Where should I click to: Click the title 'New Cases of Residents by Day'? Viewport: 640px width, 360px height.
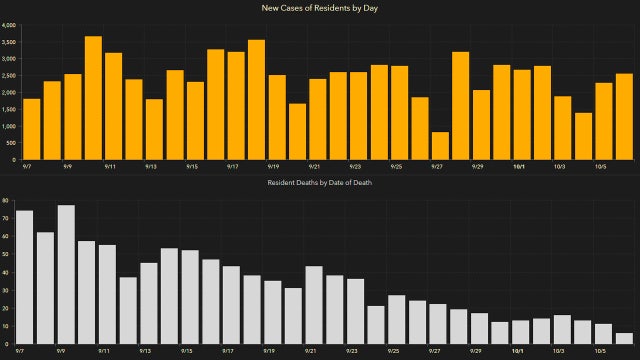coord(320,8)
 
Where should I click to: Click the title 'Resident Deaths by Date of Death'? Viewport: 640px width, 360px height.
coord(320,184)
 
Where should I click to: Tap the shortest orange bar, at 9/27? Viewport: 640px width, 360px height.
coord(441,146)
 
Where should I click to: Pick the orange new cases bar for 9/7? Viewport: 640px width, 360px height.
coord(31,129)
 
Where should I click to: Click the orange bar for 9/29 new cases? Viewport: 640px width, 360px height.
coord(481,125)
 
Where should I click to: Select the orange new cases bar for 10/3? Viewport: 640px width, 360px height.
coord(563,128)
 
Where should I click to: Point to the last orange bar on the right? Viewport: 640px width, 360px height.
coord(624,117)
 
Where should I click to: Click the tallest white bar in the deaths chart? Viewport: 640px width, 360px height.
coord(66,274)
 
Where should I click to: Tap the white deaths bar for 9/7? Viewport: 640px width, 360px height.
coord(25,277)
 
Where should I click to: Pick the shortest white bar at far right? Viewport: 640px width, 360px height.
coord(624,338)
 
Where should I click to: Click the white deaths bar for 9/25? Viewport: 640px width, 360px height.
coord(396,319)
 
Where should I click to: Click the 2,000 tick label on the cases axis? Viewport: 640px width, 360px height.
coord(9,92)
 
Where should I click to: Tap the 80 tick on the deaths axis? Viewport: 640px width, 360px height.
coord(5,201)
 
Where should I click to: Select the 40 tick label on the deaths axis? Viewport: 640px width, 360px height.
coord(5,272)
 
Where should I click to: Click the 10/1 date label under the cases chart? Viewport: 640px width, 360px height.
coord(520,168)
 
